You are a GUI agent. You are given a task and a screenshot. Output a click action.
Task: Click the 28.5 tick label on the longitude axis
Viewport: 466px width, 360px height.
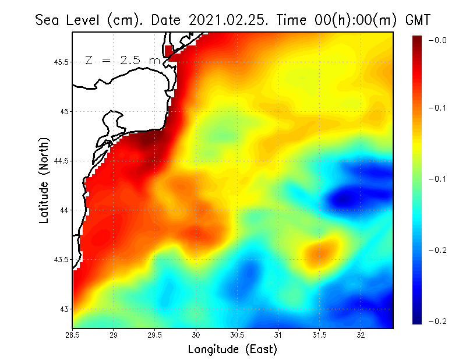coord(73,335)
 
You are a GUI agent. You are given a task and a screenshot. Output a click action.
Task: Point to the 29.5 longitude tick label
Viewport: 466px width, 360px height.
coord(155,335)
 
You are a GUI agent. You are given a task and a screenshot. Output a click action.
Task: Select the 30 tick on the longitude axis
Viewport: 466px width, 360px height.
coord(196,335)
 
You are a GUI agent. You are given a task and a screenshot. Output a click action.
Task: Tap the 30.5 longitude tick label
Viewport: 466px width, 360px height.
coord(237,335)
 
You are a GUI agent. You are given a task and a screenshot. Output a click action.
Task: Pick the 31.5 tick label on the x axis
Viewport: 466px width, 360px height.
coord(319,335)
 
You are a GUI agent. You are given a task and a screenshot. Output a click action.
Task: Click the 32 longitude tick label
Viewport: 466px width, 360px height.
coord(361,335)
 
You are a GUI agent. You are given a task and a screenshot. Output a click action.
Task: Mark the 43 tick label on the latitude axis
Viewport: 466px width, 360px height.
coord(64,309)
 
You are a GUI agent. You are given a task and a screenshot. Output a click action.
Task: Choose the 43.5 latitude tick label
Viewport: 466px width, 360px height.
coord(61,259)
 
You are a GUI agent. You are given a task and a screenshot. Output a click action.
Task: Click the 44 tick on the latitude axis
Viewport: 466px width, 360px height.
coord(64,210)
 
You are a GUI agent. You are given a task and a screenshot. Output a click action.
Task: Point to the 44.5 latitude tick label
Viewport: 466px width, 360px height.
coord(61,161)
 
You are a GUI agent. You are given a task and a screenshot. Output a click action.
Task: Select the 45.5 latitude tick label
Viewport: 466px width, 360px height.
coord(61,62)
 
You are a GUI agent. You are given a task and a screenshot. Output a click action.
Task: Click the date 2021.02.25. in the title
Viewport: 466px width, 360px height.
coord(225,20)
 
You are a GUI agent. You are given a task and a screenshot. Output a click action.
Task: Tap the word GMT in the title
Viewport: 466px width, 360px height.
coord(418,20)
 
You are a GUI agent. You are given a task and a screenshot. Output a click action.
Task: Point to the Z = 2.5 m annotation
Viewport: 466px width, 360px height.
coord(122,60)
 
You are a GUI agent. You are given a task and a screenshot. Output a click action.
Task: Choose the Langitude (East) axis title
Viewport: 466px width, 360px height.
coord(232,350)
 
